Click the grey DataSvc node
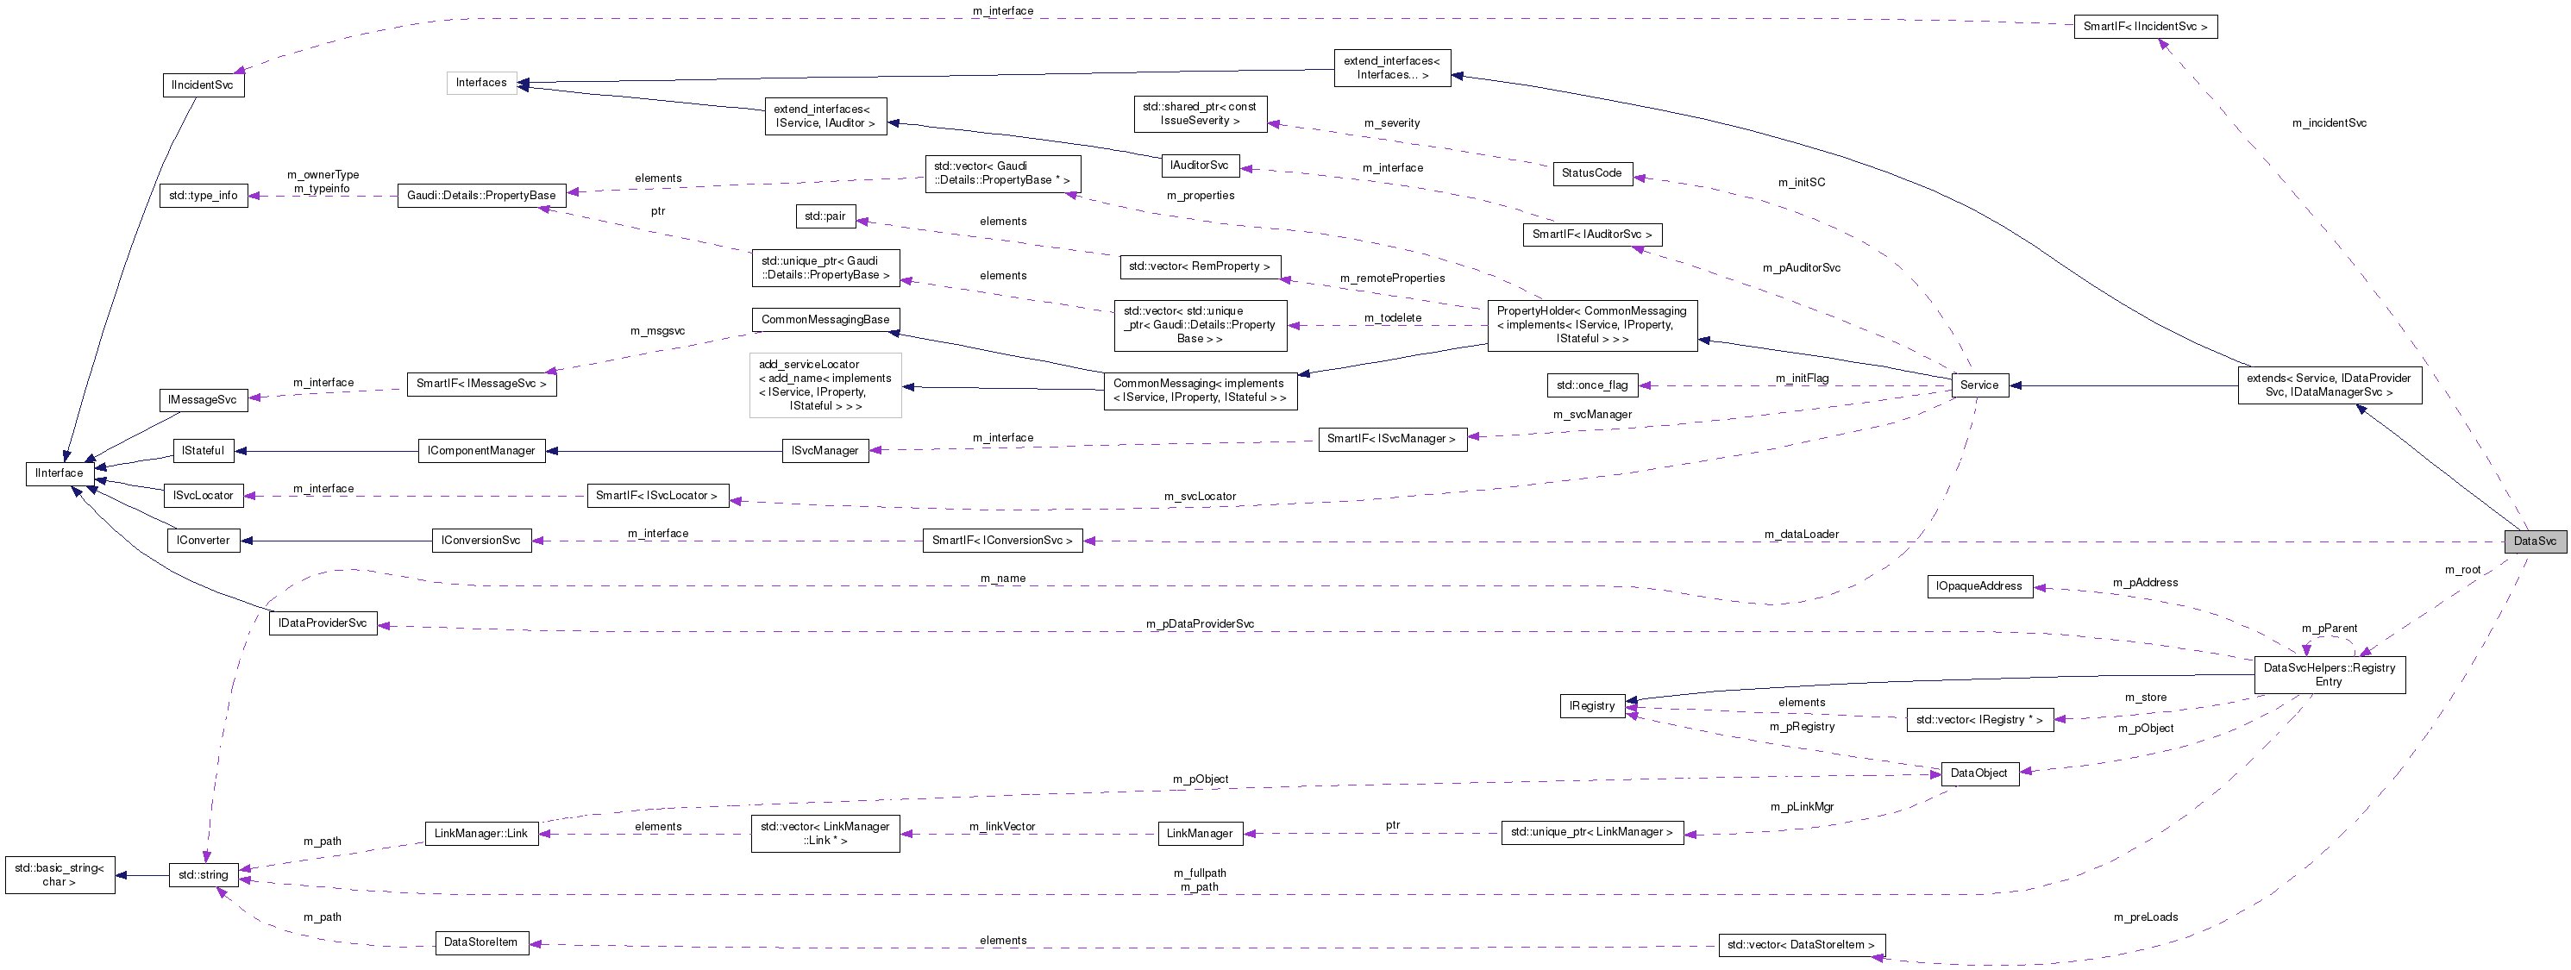[2534, 541]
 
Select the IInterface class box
[59, 473]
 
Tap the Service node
[1978, 385]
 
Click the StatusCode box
[1591, 173]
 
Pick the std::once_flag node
[1592, 385]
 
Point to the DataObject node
[1978, 773]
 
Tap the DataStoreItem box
[480, 943]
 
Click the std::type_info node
[203, 196]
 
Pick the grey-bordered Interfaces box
[481, 83]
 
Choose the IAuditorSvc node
[1199, 166]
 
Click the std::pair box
[825, 216]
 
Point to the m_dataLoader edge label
[1801, 535]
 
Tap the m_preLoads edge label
[2145, 918]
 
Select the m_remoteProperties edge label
[1391, 278]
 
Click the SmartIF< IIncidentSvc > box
[2144, 27]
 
